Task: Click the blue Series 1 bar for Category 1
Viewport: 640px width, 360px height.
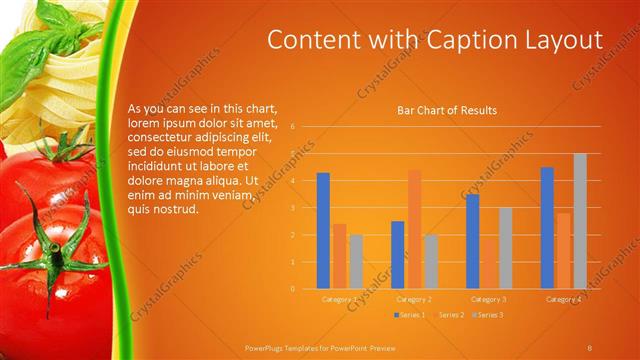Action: pos(323,231)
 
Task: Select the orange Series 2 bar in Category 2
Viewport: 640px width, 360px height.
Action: pos(414,229)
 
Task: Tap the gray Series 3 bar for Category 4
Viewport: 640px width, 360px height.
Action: pos(580,221)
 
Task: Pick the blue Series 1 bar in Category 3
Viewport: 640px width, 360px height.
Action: pos(473,241)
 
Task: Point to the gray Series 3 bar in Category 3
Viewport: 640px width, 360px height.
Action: pos(505,248)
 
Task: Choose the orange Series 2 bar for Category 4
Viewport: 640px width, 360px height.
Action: pos(564,251)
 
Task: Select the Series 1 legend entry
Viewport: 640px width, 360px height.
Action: pos(410,315)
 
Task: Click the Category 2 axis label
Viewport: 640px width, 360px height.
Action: pos(414,299)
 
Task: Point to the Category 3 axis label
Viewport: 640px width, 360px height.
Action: pos(489,299)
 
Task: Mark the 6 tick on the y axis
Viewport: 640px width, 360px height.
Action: pos(292,127)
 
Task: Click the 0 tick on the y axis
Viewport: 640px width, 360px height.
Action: pos(292,289)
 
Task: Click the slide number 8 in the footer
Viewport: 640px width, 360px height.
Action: pos(590,346)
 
